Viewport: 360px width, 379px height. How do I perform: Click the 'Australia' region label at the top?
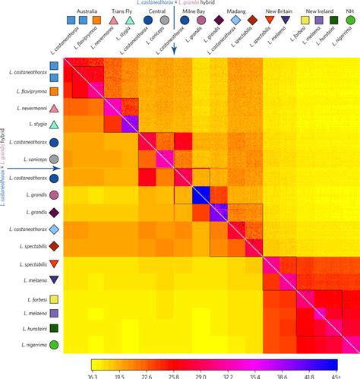click(x=79, y=13)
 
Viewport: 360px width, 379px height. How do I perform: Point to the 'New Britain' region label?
click(x=281, y=13)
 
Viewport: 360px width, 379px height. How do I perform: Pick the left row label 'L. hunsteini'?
click(x=33, y=329)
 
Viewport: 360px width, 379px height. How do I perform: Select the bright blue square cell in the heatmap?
click(x=201, y=194)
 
